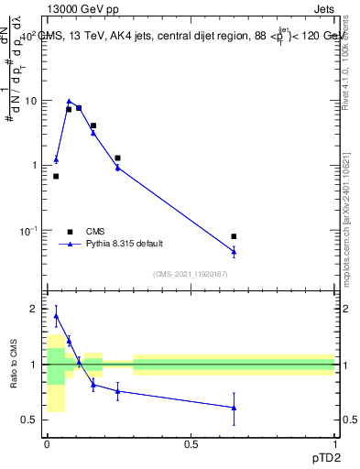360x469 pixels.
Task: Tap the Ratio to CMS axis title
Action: pos(14,364)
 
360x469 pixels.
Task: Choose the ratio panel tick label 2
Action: pos(36,310)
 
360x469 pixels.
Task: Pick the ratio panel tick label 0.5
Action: pos(30,420)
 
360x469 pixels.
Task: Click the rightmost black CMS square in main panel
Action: pos(234,236)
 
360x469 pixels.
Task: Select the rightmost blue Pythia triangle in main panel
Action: pos(234,251)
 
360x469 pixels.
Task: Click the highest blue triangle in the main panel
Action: pos(69,102)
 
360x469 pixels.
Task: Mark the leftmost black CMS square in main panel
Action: pos(56,176)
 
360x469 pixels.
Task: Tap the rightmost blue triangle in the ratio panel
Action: pos(234,408)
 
